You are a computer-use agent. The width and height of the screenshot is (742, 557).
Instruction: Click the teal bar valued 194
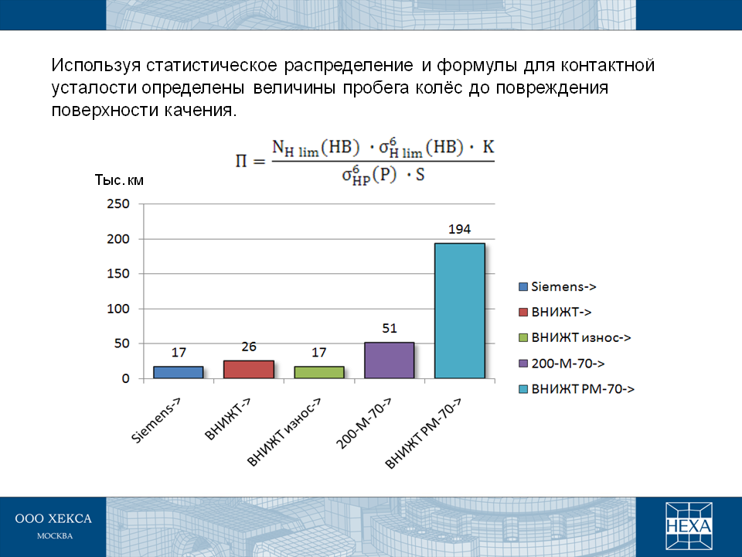459,311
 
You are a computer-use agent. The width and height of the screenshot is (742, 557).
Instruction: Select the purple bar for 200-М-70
389,361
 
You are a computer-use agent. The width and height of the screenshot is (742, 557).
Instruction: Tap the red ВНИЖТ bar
248,370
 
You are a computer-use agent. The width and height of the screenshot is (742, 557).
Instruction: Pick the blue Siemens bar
179,372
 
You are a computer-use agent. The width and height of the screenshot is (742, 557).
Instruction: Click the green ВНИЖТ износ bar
319,372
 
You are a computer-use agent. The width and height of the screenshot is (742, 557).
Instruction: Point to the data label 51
390,328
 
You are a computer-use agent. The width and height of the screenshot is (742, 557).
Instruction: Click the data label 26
249,347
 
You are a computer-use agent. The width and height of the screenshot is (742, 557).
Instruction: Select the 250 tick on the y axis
118,204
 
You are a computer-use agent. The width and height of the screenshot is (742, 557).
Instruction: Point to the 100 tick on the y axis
118,309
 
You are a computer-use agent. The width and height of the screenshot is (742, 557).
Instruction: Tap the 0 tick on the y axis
125,378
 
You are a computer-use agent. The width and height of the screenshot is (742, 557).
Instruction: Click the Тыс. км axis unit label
119,180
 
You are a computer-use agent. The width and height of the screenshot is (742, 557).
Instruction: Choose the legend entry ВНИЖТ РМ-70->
577,389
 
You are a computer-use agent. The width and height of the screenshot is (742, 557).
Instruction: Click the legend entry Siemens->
557,286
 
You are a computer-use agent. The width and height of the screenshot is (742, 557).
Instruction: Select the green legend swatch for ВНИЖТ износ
523,338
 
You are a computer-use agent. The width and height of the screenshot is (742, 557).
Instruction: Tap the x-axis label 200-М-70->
363,423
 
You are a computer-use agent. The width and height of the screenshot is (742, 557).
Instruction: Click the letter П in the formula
241,161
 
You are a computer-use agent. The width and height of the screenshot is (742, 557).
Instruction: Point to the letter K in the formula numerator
488,147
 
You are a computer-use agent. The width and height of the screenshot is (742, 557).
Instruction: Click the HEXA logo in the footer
689,526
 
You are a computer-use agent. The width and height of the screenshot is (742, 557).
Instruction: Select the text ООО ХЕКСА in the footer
53,518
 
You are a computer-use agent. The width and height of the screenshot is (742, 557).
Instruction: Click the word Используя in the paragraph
96,65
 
